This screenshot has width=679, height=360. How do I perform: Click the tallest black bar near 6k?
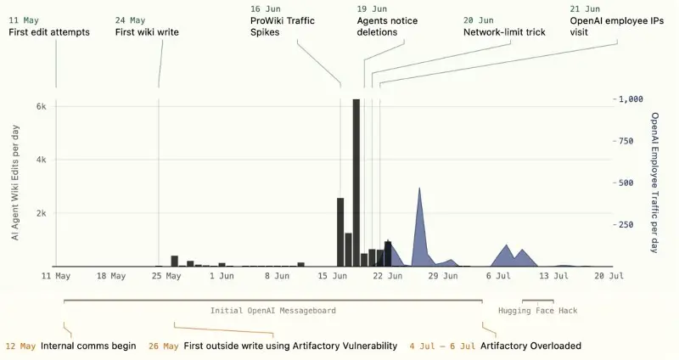[x=356, y=183]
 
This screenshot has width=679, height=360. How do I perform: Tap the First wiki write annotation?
[x=147, y=32]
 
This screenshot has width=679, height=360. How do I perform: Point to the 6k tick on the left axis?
[x=41, y=106]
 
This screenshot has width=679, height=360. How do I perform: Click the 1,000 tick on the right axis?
[x=631, y=99]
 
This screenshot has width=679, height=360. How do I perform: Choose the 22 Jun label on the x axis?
[x=387, y=276]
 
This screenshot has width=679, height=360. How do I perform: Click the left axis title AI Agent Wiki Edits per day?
[x=15, y=183]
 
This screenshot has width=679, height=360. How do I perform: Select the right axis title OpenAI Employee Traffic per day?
[x=654, y=183]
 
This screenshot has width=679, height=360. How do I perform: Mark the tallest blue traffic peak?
[x=419, y=188]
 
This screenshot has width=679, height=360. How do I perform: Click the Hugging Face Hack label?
[x=537, y=311]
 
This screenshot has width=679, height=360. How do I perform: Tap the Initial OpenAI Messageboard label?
[x=272, y=311]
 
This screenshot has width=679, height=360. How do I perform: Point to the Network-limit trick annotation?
[x=504, y=32]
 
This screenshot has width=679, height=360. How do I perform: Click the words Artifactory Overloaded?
[x=530, y=346]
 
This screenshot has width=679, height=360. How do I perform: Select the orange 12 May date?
[x=20, y=346]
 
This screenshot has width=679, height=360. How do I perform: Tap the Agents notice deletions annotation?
[x=387, y=26]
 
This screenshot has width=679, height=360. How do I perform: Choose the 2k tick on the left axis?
[x=41, y=213]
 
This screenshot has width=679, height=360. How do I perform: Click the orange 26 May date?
[x=163, y=346]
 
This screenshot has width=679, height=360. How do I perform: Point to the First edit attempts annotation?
[x=49, y=32]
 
